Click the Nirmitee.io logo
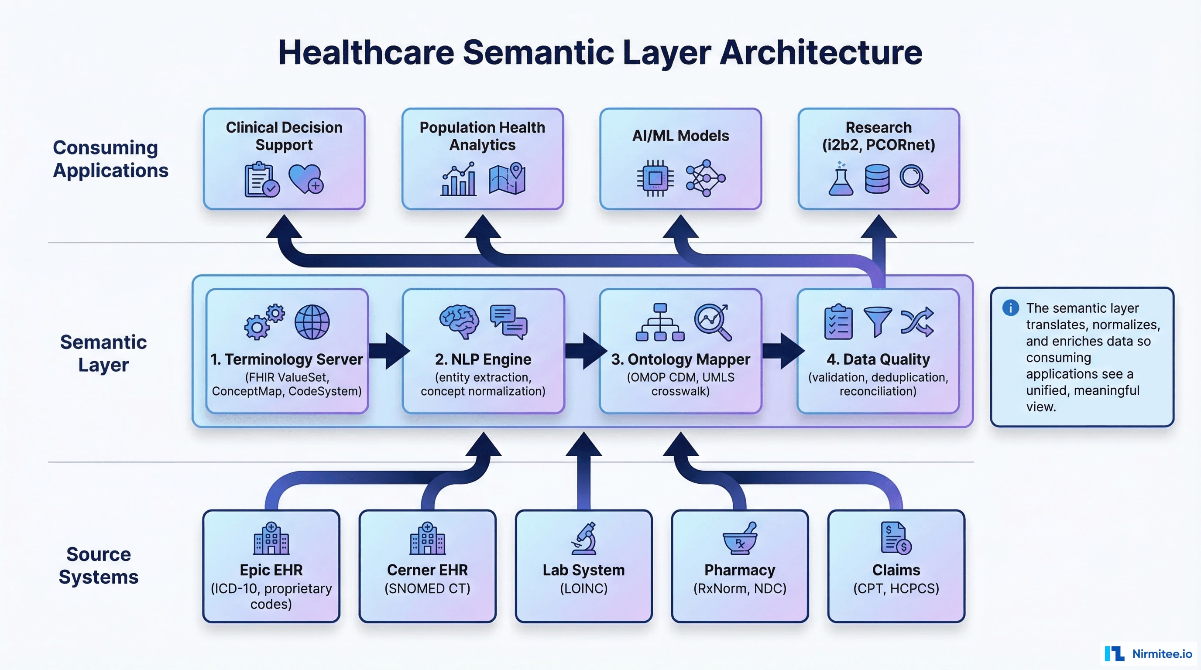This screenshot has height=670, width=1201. (x=1147, y=654)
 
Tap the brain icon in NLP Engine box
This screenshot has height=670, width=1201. (x=459, y=321)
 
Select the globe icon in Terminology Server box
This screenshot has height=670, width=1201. (x=312, y=322)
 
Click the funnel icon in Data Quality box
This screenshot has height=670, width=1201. (x=877, y=321)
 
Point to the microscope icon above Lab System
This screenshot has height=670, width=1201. (x=584, y=538)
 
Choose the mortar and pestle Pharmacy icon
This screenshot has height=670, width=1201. (x=740, y=539)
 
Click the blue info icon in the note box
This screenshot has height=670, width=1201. (x=1010, y=308)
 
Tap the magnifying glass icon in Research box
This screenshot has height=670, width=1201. (x=914, y=179)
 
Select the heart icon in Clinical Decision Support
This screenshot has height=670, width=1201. (x=305, y=178)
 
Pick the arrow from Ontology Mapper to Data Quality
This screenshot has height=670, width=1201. (x=783, y=351)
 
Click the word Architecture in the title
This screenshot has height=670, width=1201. (x=820, y=52)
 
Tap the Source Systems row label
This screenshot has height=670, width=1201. (x=99, y=565)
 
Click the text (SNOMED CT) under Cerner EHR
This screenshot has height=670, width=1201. (x=427, y=588)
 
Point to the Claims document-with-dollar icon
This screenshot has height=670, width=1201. (x=896, y=538)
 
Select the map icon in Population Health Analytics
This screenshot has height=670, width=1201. (x=507, y=179)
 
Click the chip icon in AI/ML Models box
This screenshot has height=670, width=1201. (x=655, y=178)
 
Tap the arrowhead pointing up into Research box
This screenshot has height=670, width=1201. (x=878, y=227)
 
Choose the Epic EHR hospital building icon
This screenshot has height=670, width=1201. (x=271, y=539)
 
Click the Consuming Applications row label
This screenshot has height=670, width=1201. (x=110, y=159)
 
